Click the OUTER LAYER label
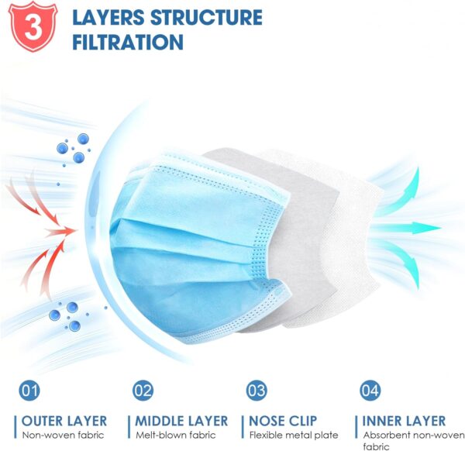64,421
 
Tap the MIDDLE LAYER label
181,421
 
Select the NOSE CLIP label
284,421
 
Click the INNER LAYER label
404,421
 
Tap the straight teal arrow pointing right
415,228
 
